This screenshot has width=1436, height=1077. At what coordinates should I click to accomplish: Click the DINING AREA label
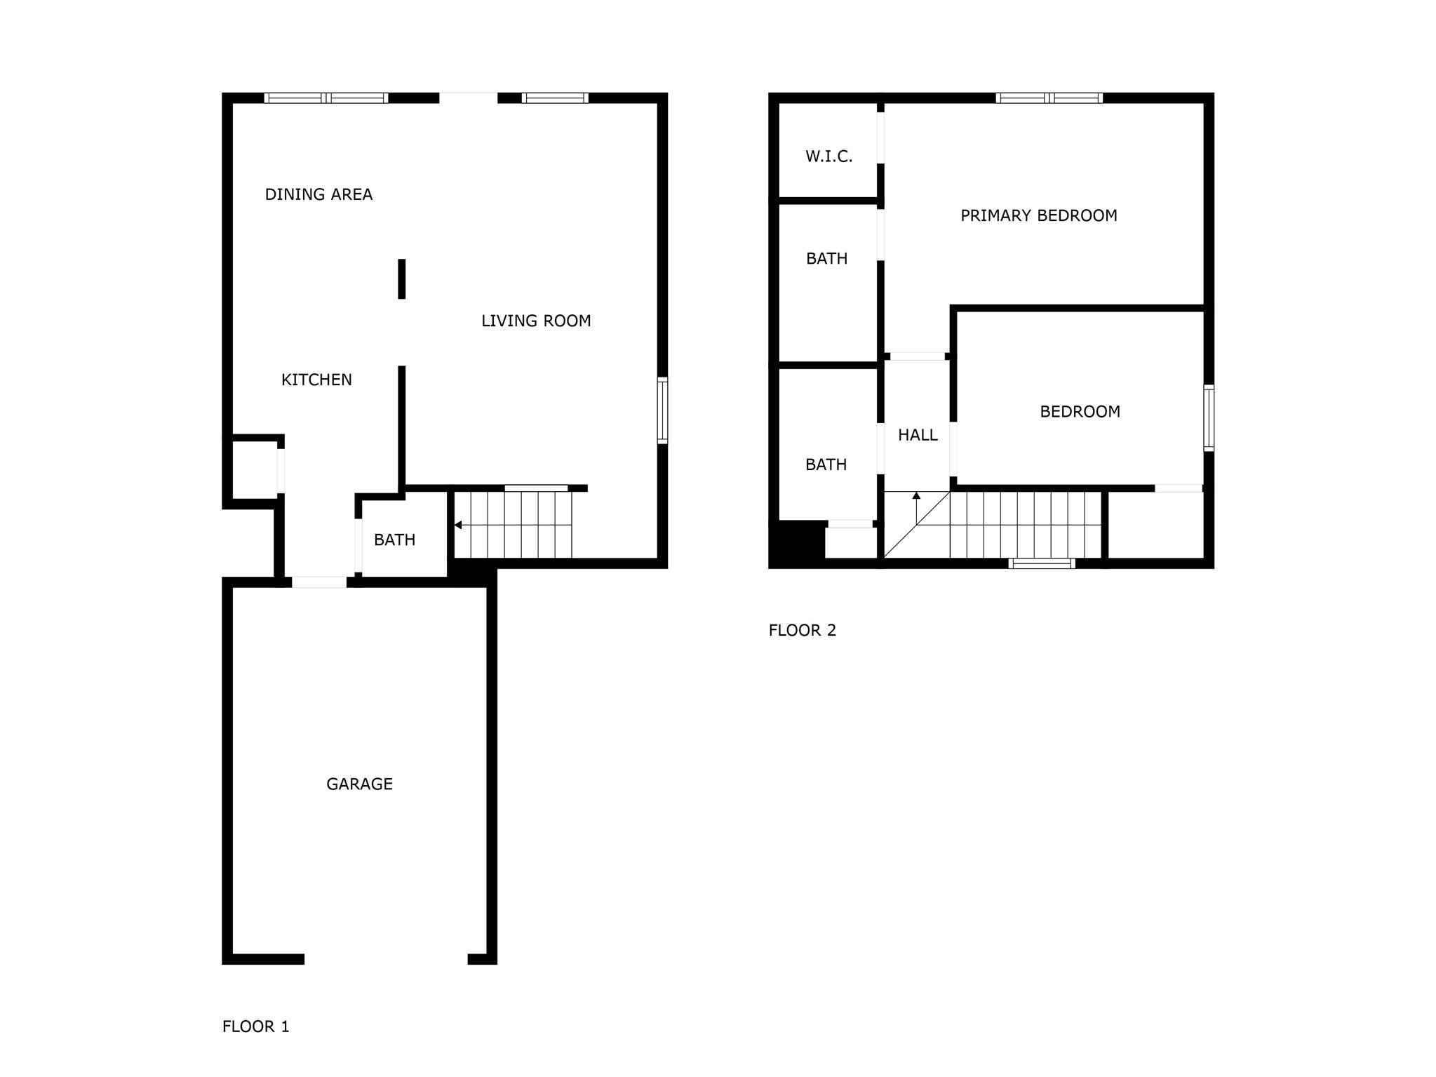point(318,194)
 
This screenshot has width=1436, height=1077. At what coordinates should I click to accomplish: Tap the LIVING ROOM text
point(536,321)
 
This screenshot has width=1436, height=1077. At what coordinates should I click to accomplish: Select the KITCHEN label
point(316,380)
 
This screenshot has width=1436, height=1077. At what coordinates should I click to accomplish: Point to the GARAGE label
point(359,784)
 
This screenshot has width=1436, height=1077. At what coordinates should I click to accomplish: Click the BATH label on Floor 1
point(394,540)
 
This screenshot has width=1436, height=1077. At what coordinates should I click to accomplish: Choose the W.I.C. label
point(828,156)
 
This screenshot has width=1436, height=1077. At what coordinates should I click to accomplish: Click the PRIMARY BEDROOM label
point(1038,215)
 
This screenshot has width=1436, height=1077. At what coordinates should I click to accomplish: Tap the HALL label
point(918,435)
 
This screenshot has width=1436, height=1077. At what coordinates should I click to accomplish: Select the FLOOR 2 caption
point(803,630)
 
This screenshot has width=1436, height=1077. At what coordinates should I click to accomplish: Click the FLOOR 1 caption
point(255,1026)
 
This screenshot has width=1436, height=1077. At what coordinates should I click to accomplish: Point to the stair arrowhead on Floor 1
point(458,525)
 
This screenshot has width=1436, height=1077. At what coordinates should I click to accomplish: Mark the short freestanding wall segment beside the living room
point(402,279)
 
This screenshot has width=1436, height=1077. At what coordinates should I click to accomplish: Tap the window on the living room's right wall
point(662,410)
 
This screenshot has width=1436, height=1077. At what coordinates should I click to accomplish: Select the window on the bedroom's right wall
point(1209,417)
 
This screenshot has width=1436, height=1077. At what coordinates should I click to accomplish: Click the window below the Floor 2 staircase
point(1041,563)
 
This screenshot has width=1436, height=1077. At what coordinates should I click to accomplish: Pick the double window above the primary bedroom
point(1049,98)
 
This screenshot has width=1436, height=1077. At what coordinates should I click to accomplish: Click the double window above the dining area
point(326,98)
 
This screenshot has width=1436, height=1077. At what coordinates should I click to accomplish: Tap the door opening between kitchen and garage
point(319,582)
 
